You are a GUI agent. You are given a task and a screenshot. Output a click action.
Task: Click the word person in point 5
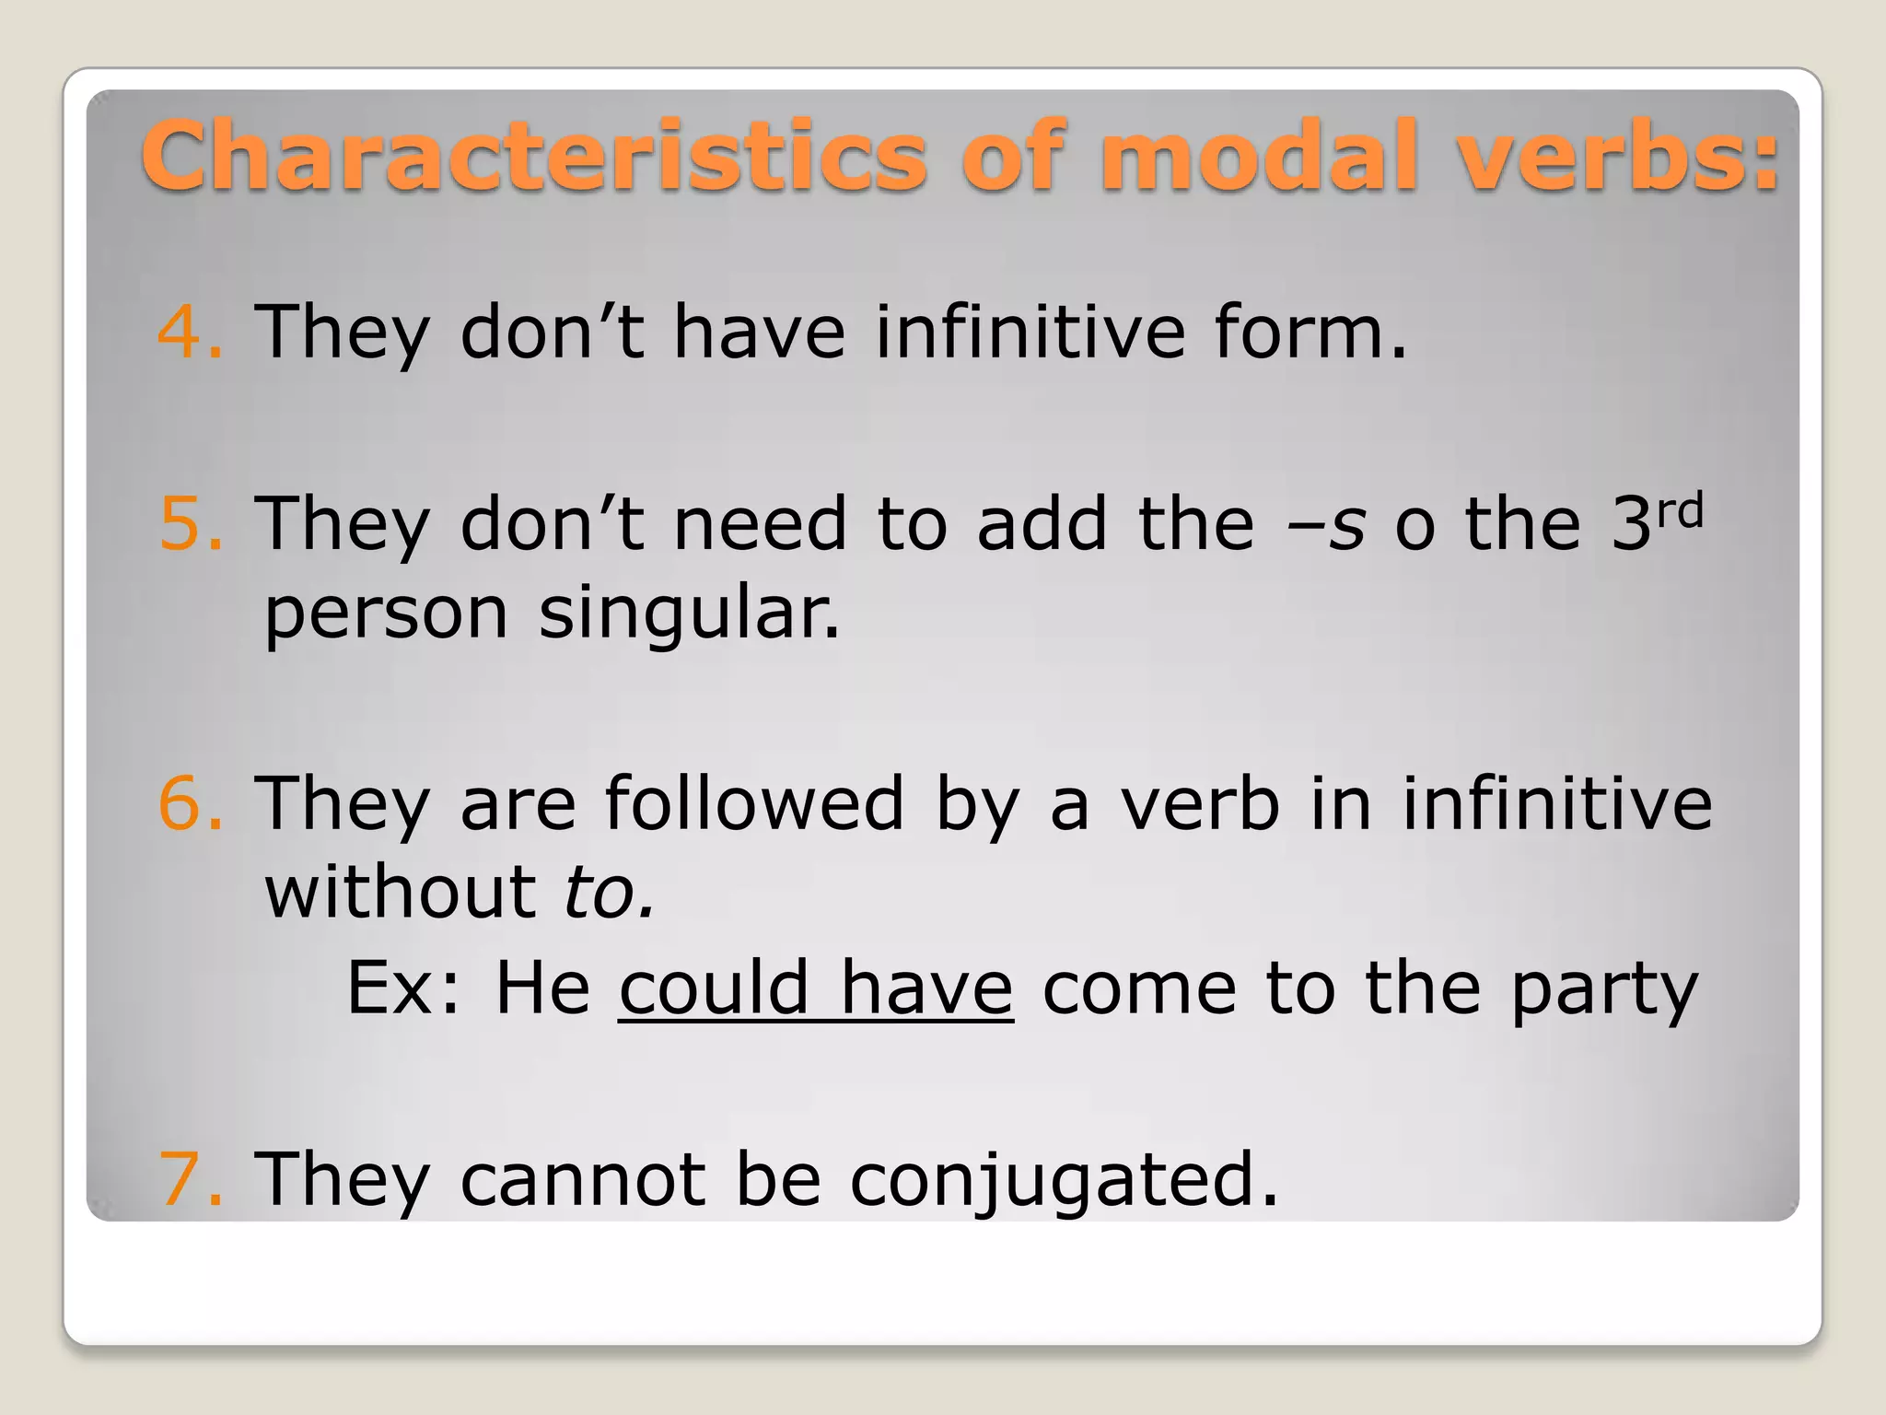coord(386,615)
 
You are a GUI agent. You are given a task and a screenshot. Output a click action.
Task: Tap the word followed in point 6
coord(754,803)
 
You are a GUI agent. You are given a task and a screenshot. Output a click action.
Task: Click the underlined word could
coord(714,988)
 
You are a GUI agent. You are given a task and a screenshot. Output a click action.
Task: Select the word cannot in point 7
coord(583,1179)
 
